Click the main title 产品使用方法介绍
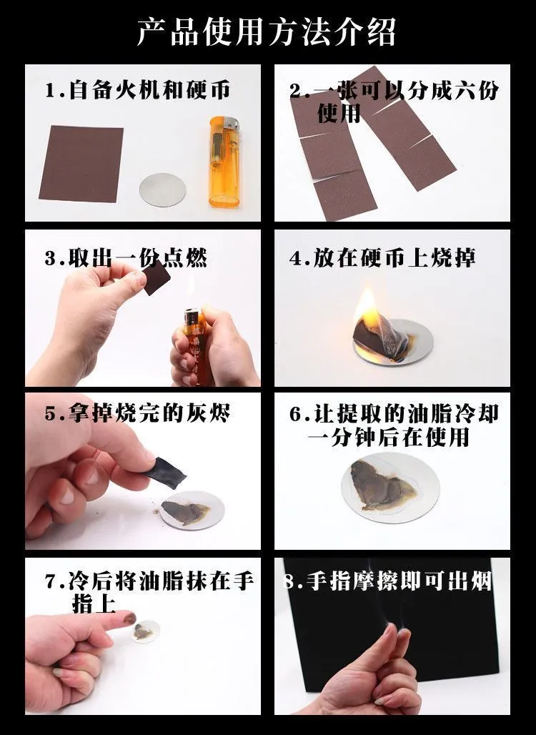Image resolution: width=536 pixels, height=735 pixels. (x=267, y=32)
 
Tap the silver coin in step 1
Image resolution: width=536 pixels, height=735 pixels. (x=162, y=190)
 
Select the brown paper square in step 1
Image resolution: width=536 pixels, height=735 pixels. (x=81, y=164)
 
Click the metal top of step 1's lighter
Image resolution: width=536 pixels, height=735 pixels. (x=230, y=124)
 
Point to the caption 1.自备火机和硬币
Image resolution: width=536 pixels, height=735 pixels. (x=138, y=89)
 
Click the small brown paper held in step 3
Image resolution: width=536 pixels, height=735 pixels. (x=157, y=279)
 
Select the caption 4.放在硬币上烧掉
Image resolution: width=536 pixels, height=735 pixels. (x=382, y=258)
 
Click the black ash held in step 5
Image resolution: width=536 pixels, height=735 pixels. (x=164, y=473)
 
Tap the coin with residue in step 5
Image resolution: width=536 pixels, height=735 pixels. (x=191, y=510)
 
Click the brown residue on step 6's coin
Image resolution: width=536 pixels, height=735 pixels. (x=382, y=485)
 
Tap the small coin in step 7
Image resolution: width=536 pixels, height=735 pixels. (x=145, y=632)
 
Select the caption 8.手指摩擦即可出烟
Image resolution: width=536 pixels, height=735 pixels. (x=388, y=582)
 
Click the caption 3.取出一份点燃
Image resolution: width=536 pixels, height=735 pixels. (x=126, y=258)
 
